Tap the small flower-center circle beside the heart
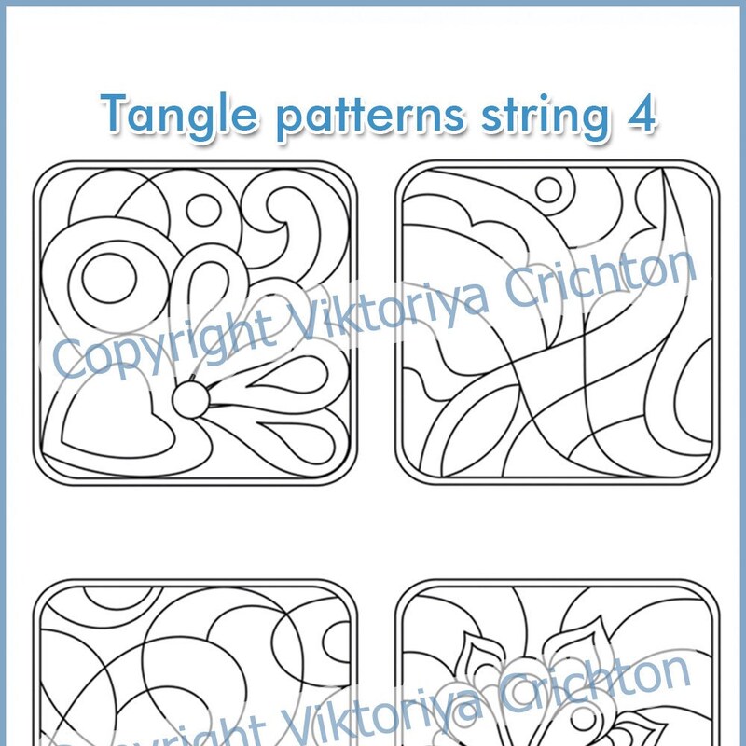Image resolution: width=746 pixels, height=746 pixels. (x=191, y=400)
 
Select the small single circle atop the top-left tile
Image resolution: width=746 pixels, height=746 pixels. (x=203, y=210)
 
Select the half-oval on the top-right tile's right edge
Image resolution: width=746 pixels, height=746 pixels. (x=695, y=401)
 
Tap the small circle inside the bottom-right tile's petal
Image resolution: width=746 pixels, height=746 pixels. (x=584, y=718)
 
